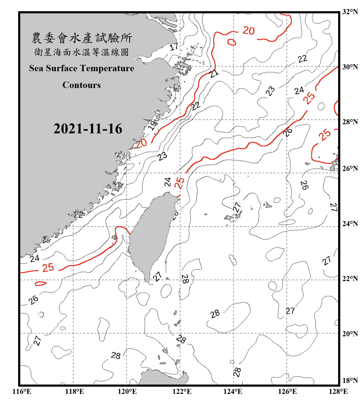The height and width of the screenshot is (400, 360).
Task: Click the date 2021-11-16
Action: (x=88, y=129)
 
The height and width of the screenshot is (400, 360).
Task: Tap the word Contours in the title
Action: (x=82, y=85)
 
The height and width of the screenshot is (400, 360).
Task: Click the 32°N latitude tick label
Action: (x=350, y=12)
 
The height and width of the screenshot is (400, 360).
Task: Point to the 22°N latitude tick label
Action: (x=350, y=279)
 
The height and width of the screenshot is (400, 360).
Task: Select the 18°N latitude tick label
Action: (x=350, y=381)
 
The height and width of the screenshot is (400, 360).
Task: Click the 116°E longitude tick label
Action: (x=22, y=391)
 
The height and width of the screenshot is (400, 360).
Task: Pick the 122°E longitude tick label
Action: (x=182, y=391)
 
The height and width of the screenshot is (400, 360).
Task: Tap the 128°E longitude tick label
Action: (x=338, y=391)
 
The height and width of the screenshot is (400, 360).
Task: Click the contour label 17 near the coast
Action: (x=174, y=47)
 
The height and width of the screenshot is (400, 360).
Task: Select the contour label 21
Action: (x=214, y=73)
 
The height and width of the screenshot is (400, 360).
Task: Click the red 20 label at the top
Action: (x=249, y=31)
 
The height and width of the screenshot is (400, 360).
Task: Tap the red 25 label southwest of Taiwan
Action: (x=48, y=267)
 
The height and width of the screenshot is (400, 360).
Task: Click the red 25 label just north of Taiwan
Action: (x=179, y=183)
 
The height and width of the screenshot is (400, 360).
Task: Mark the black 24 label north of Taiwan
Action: (x=167, y=182)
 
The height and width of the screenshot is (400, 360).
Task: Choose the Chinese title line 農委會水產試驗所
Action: (x=82, y=38)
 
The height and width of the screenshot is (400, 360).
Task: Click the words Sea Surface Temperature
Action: (x=82, y=68)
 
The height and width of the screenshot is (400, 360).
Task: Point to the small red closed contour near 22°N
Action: (x=41, y=283)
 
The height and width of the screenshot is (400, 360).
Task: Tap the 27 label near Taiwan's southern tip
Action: (x=157, y=276)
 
